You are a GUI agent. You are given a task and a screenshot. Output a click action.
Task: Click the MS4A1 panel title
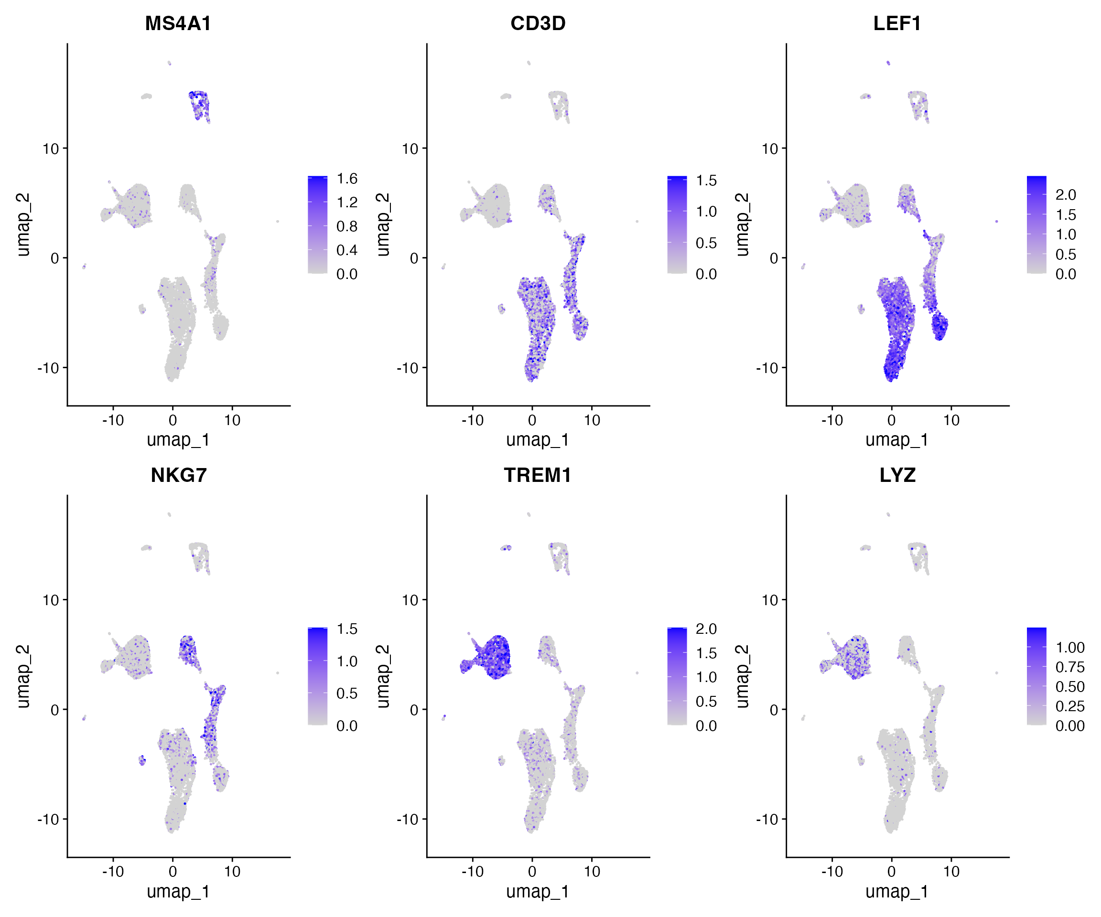178,23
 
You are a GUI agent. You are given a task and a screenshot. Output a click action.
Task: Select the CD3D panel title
538,23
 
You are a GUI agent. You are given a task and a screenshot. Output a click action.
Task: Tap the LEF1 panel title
897,23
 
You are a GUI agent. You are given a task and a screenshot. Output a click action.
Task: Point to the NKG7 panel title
178,475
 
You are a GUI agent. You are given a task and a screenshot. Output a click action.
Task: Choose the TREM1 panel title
538,475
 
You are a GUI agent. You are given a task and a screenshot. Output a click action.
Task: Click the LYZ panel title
897,475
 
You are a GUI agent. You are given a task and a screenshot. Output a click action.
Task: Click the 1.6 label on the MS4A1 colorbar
347,179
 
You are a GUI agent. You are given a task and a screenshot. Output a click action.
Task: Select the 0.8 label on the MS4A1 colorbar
347,226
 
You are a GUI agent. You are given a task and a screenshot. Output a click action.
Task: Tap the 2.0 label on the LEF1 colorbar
1065,195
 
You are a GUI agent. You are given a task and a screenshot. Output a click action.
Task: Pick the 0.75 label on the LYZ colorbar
1069,667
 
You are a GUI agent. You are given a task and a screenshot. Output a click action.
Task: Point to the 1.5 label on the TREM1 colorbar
706,653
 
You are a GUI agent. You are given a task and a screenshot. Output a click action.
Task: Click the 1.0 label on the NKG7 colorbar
347,661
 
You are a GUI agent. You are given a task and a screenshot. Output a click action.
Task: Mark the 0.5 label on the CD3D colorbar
706,243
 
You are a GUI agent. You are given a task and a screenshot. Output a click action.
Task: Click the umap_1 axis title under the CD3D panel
538,440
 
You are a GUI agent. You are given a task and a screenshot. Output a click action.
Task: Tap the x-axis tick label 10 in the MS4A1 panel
232,420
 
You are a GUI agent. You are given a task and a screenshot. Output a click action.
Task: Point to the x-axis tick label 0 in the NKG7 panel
173,872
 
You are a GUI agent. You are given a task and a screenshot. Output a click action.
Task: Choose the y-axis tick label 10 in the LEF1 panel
770,149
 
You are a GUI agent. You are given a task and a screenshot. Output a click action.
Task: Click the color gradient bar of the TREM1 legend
677,676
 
